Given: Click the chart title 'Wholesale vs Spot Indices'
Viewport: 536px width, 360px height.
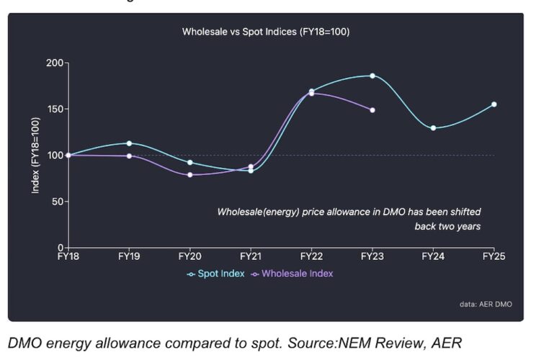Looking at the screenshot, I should [266, 32].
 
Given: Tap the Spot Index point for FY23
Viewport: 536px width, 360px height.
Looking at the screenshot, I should [372, 76].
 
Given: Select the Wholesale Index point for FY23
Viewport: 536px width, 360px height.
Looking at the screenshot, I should [372, 110].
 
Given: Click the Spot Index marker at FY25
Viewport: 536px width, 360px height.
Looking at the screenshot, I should [494, 104].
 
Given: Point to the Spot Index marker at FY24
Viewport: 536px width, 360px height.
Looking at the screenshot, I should [433, 127].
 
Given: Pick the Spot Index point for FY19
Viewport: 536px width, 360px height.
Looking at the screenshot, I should [129, 143].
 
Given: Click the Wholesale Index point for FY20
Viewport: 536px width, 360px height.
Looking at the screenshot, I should [190, 175].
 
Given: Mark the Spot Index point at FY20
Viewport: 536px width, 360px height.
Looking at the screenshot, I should [190, 163].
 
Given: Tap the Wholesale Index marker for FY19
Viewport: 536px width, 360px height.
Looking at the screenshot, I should [129, 156].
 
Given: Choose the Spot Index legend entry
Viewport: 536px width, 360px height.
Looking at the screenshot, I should [215, 274].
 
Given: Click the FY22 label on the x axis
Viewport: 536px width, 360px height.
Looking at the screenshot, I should [311, 256].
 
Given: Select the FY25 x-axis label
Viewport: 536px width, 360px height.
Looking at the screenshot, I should [493, 256].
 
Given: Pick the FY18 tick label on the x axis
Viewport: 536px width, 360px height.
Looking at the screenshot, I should [68, 256].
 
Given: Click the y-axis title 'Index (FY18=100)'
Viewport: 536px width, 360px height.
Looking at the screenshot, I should [35, 156].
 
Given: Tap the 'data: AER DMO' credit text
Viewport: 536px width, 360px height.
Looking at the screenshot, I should [486, 305].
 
